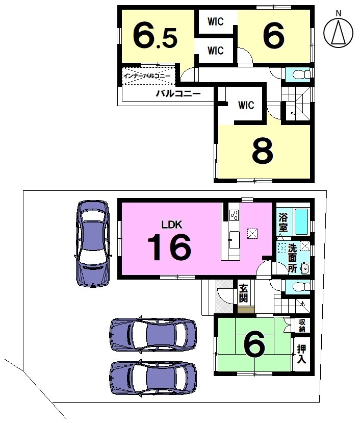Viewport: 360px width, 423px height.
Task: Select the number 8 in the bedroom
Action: [x=263, y=151]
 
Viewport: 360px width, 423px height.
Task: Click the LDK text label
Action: [x=172, y=225]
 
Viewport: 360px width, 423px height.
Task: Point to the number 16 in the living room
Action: [x=169, y=247]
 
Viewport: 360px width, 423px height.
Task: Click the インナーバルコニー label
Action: [x=147, y=76]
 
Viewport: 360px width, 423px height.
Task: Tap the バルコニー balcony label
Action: [x=178, y=94]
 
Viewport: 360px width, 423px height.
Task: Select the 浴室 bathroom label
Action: [x=283, y=222]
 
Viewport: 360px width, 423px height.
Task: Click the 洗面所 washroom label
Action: [x=293, y=258]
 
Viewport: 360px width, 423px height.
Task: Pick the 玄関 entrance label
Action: [x=243, y=294]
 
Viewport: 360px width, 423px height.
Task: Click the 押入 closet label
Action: [x=301, y=354]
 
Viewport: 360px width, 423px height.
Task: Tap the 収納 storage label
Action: [x=302, y=326]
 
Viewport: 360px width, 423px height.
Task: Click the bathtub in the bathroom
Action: [x=301, y=221]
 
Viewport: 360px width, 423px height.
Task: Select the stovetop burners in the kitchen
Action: [x=234, y=215]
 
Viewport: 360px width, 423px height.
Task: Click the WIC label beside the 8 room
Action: [x=246, y=105]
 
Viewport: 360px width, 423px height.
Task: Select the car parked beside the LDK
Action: [x=93, y=243]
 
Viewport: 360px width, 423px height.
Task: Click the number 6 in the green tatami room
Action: [x=254, y=345]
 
